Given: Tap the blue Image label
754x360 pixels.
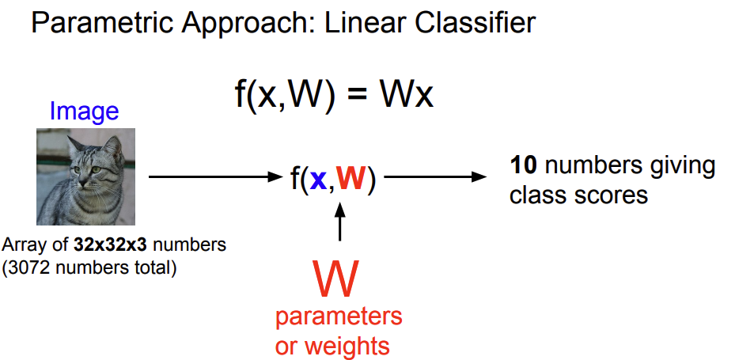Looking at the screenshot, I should click(84, 112).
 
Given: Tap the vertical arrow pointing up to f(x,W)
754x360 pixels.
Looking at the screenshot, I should click(340, 222).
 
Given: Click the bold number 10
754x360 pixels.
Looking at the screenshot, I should click(524, 166).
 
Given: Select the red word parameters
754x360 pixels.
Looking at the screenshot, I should click(339, 317).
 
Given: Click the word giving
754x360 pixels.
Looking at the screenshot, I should click(676, 166).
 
